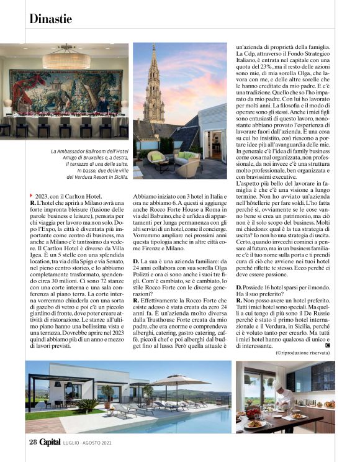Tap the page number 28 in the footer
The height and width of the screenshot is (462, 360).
tap(33, 442)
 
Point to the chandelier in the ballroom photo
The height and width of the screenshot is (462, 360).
tap(66, 57)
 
